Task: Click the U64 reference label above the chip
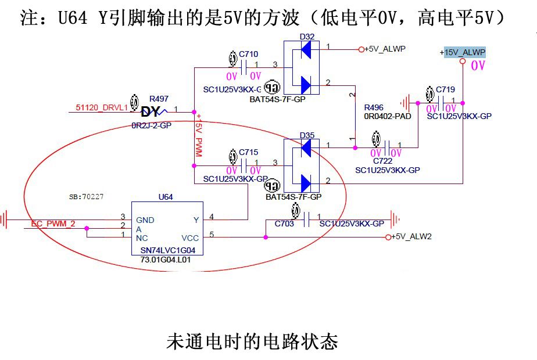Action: (166, 197)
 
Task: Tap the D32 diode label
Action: (307, 37)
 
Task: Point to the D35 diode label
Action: (307, 135)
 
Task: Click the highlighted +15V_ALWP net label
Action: (463, 52)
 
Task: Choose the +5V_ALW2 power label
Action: (411, 237)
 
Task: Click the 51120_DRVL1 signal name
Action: (102, 107)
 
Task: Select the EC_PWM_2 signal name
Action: (53, 224)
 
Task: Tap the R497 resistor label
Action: (159, 99)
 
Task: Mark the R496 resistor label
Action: (374, 108)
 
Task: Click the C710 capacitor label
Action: (248, 54)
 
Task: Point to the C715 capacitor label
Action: (248, 152)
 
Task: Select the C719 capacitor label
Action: (445, 89)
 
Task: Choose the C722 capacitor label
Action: (383, 161)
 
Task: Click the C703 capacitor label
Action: (284, 224)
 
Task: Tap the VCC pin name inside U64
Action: (189, 238)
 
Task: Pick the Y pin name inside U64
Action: (196, 219)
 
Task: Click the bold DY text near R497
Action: (150, 112)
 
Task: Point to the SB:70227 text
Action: (86, 197)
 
